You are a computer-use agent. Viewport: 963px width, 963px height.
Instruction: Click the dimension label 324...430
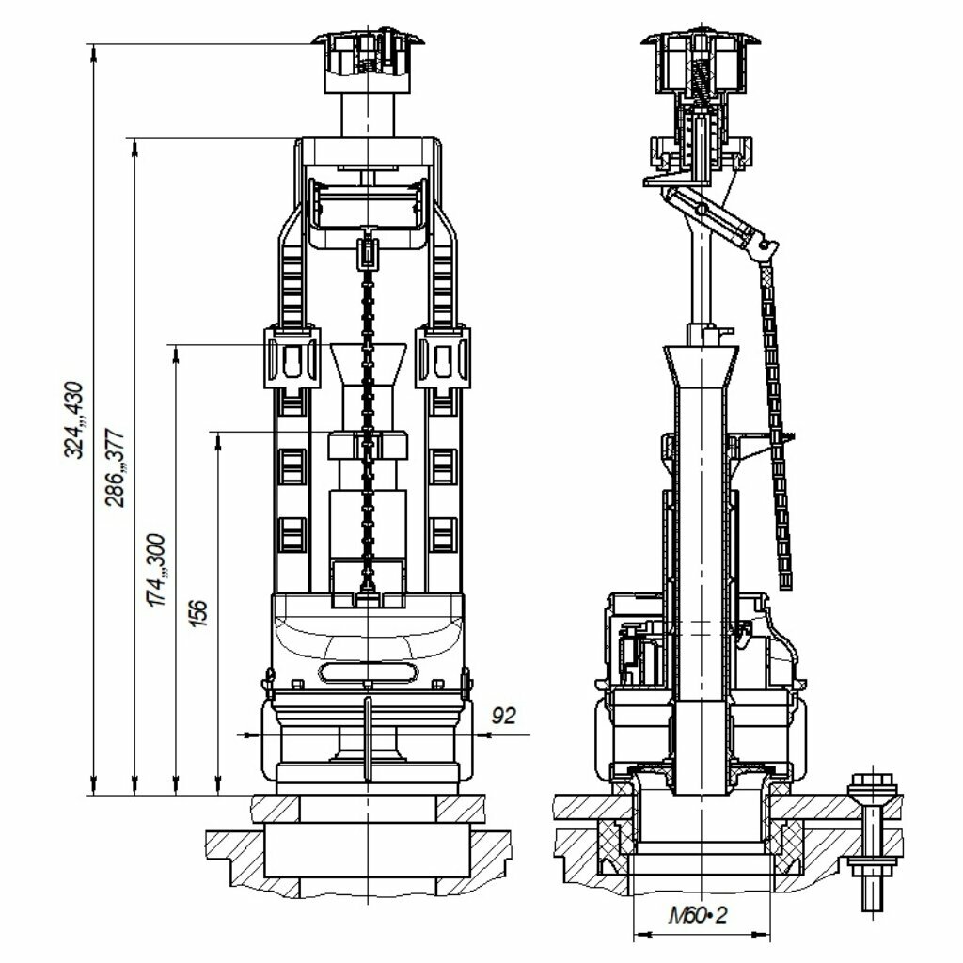pyautogui.click(x=74, y=419)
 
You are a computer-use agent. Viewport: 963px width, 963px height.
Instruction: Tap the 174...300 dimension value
pyautogui.click(x=157, y=571)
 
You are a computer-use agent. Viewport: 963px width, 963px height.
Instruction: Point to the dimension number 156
pyautogui.click(x=198, y=612)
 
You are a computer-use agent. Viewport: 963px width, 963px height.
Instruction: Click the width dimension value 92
pyautogui.click(x=504, y=716)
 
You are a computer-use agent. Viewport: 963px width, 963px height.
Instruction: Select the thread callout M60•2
pyautogui.click(x=698, y=916)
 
